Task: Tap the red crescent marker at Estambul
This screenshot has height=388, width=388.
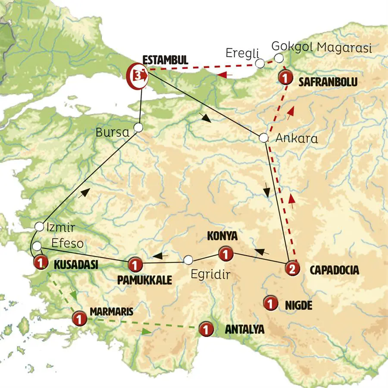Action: click(x=136, y=75)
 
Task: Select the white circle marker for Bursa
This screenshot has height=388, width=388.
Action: click(x=138, y=128)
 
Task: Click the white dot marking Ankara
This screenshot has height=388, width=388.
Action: click(x=263, y=138)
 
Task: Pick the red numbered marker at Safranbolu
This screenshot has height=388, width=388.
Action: click(x=285, y=78)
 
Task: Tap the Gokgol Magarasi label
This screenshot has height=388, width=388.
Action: click(x=321, y=48)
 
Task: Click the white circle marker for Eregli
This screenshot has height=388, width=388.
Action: click(x=260, y=64)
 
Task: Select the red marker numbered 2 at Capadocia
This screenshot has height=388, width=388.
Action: click(x=292, y=269)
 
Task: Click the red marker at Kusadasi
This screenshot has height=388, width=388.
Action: click(x=40, y=262)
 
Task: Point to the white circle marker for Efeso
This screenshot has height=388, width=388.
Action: click(x=37, y=246)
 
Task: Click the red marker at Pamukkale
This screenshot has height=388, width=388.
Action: click(x=135, y=263)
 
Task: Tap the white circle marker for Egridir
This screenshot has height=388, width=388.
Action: click(x=188, y=260)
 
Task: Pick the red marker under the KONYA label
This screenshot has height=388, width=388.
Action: click(x=225, y=254)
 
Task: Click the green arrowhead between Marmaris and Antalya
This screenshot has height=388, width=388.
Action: click(x=147, y=332)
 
